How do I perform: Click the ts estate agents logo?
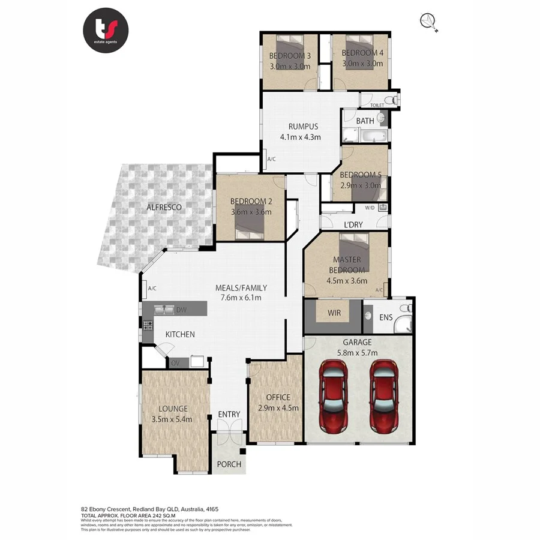tap(106, 30)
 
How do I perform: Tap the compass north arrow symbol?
tap(430, 22)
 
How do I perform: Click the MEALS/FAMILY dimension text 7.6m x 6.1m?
tap(241, 298)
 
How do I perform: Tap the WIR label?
tap(334, 313)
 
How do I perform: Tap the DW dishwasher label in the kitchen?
tap(181, 310)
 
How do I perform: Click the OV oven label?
tap(176, 362)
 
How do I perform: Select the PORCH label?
tap(229, 464)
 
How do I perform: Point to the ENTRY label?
tap(229, 414)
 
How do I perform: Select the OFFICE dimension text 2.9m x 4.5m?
tap(278, 408)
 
